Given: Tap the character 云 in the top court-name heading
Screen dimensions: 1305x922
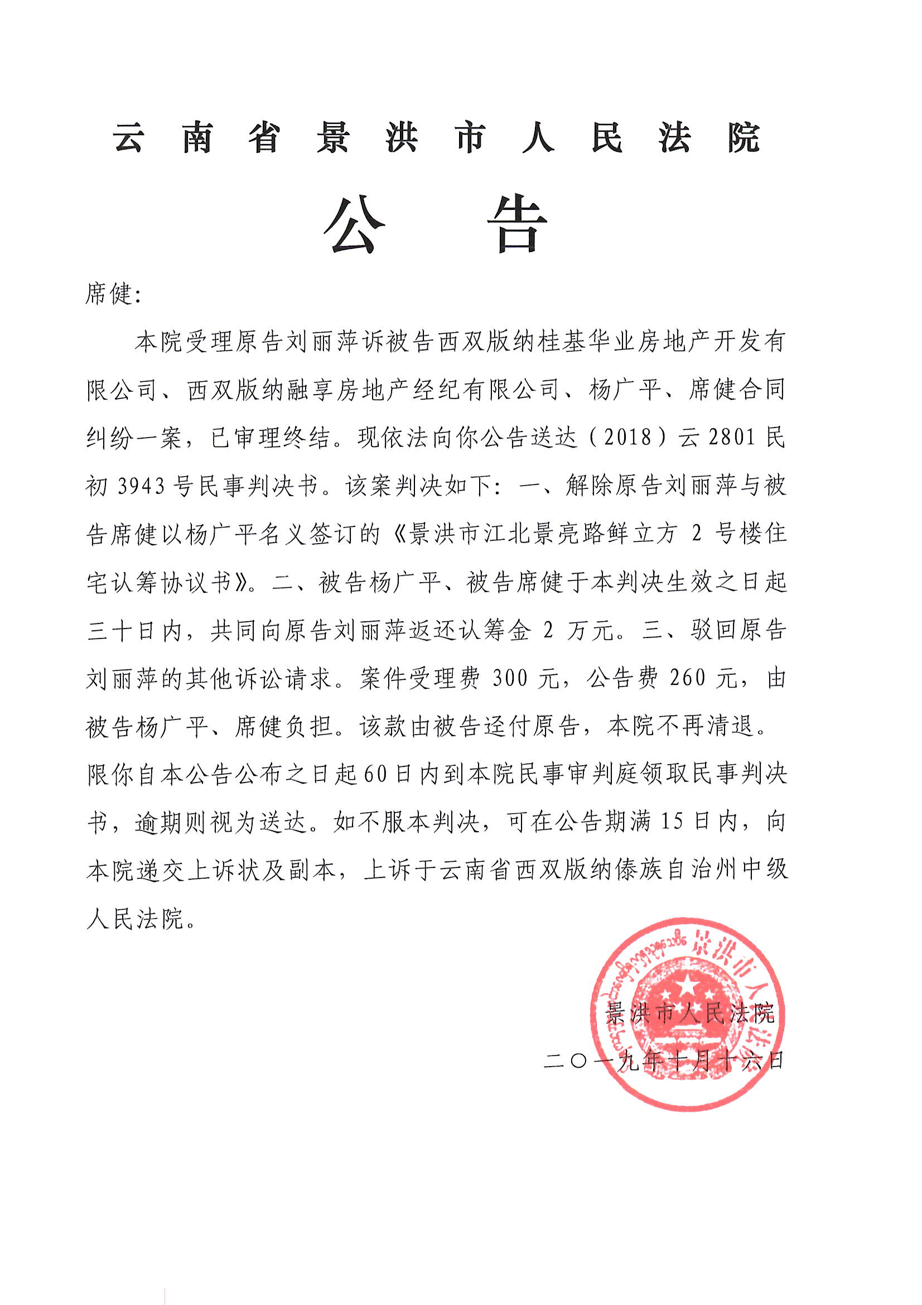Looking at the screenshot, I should (x=128, y=138).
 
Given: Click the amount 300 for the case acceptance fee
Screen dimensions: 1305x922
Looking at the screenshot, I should (x=510, y=678).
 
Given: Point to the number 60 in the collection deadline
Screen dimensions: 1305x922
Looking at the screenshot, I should (x=375, y=775).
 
